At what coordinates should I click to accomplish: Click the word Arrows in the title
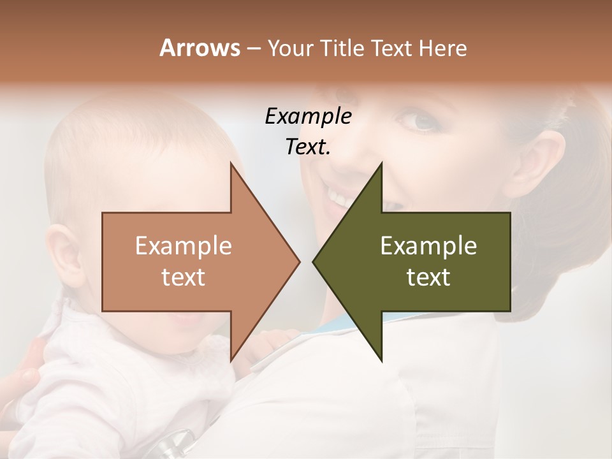pos(200,48)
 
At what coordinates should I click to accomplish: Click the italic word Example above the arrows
pos(308,117)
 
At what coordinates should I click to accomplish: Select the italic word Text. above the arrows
pos(308,147)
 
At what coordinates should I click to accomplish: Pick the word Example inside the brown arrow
pos(184,246)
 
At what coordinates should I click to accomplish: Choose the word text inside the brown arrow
pos(184,277)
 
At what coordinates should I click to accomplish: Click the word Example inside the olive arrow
pos(428,246)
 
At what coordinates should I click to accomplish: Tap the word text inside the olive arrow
pos(428,277)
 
